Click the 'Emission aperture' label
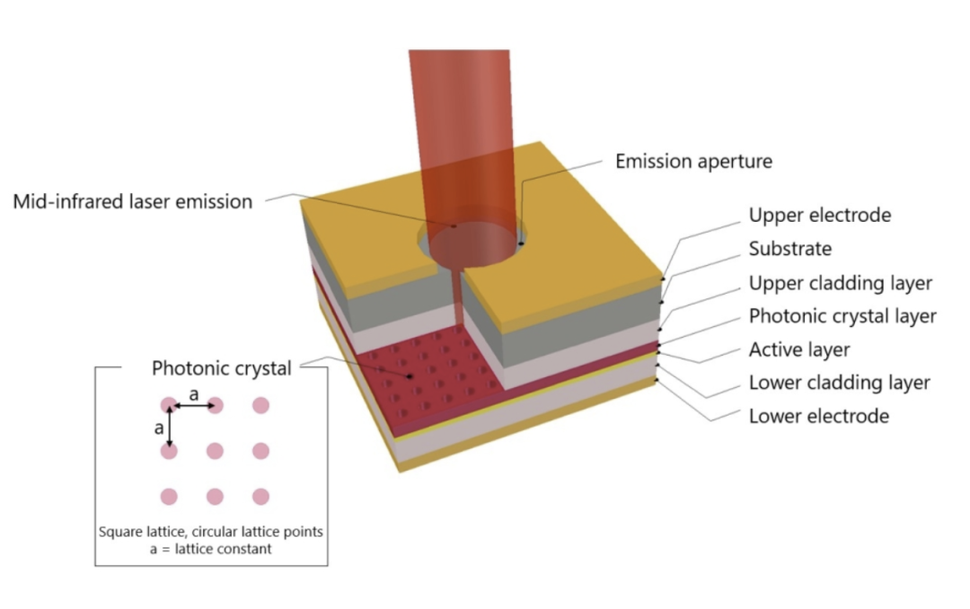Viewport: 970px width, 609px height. (x=693, y=162)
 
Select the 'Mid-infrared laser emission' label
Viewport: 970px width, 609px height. (x=133, y=201)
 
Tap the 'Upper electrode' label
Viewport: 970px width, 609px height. (x=819, y=216)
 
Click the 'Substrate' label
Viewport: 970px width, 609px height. (x=790, y=249)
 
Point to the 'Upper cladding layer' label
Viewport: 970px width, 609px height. (x=840, y=283)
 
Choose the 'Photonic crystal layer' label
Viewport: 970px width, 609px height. (x=842, y=316)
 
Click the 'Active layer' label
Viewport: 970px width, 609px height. (x=799, y=349)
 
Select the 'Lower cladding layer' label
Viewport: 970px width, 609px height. (x=839, y=383)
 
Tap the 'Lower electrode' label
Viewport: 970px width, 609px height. (x=818, y=416)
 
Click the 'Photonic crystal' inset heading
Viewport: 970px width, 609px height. (x=221, y=368)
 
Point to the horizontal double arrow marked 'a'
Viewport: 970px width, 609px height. (x=192, y=406)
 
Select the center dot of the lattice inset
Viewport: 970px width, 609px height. (x=215, y=451)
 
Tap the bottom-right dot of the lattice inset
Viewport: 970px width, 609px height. (x=260, y=496)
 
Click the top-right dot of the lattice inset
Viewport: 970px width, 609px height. (x=260, y=405)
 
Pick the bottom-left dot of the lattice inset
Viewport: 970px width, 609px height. (x=169, y=496)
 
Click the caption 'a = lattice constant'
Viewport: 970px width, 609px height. (x=211, y=548)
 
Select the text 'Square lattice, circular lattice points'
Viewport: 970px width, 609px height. (x=211, y=532)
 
